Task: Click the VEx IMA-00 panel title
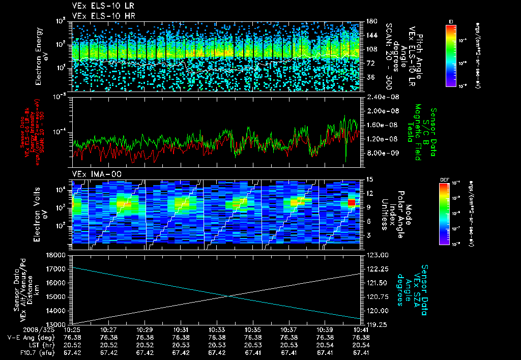click(x=92, y=174)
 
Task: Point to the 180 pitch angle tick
click(x=370, y=21)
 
